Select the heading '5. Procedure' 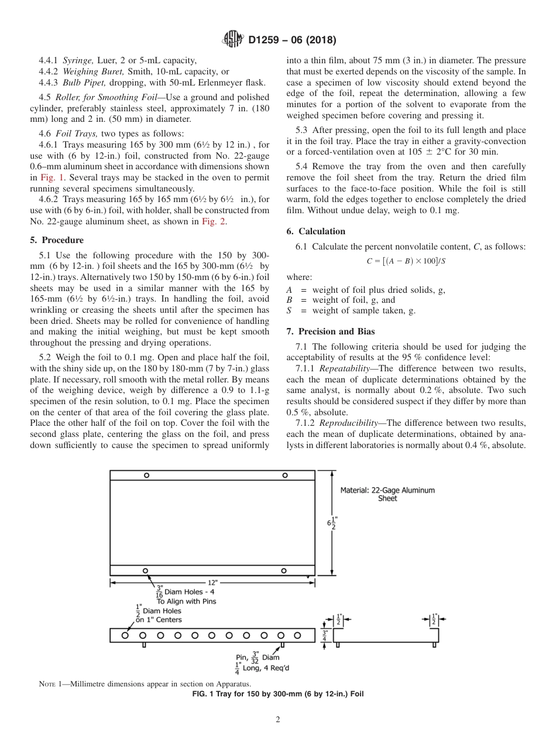(x=57, y=240)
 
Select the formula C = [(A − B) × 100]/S (x=406, y=261)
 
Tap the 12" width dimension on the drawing (x=212, y=582)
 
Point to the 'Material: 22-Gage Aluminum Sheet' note (x=387, y=494)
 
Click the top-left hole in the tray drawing (x=146, y=476)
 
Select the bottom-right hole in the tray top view (x=283, y=570)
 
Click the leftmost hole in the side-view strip (x=125, y=635)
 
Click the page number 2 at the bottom (x=278, y=720)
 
